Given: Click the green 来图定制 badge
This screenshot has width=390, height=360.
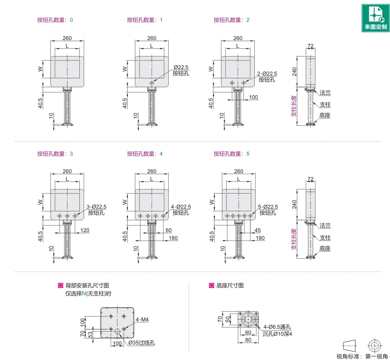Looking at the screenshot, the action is [x=375, y=18].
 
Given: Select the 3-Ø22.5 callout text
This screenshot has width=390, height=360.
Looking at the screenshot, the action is [x=96, y=207].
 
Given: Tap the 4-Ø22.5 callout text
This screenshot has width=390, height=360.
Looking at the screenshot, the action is [x=181, y=207].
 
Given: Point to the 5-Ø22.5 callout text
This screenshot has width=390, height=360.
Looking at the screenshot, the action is [x=268, y=207].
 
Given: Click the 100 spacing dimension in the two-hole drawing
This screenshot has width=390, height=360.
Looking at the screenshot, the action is [x=253, y=97].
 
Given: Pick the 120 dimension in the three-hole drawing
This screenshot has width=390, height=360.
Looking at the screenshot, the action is [x=85, y=230].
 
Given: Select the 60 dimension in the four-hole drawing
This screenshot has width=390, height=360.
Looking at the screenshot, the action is [x=169, y=230].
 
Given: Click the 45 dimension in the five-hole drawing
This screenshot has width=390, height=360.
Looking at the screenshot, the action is [x=258, y=230].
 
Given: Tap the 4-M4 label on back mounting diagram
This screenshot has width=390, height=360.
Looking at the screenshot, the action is [x=142, y=320].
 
